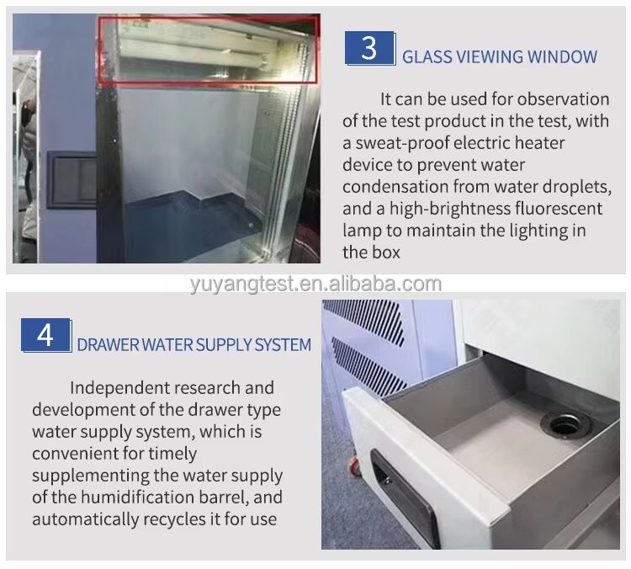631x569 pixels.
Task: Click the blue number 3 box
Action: point(369,47)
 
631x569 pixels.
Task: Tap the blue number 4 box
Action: point(45,335)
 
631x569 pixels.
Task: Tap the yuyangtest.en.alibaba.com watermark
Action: point(315,284)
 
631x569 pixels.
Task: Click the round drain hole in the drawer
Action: point(566,424)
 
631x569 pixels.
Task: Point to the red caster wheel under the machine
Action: point(353,465)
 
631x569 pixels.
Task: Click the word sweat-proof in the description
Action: point(406,144)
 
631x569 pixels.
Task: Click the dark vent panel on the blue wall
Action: point(72,179)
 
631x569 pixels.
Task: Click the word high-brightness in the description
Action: point(450,209)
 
